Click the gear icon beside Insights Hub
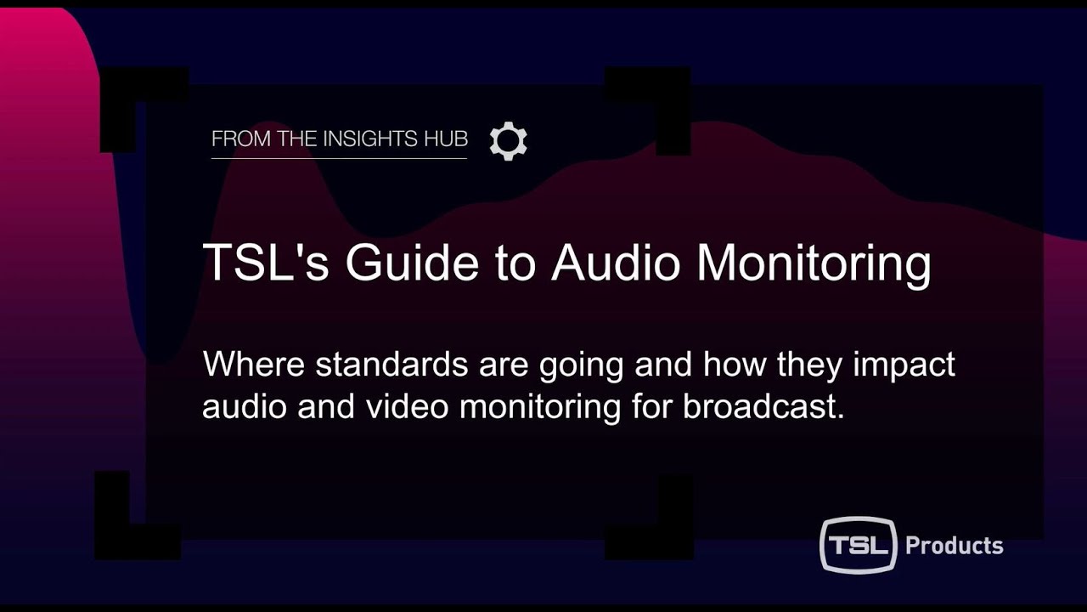tap(509, 141)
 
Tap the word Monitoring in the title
tap(814, 263)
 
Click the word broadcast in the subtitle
tap(763, 406)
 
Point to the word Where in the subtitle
tap(253, 365)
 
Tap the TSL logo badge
tap(858, 544)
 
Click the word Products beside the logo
tap(955, 545)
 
